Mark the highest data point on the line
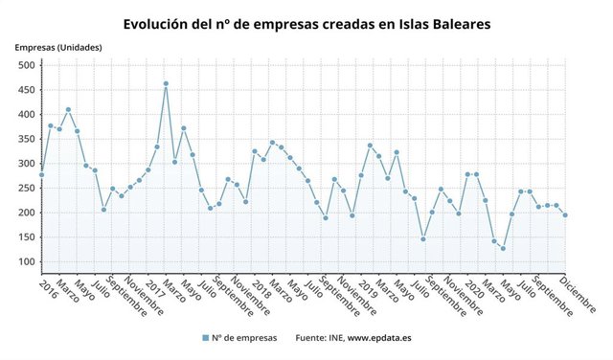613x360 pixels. [x=166, y=83]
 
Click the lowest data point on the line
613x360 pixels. [x=503, y=249]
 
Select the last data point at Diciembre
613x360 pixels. [x=565, y=215]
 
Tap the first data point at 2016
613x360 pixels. [x=41, y=175]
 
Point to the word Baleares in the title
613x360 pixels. [x=457, y=21]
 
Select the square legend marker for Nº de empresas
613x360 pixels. [x=205, y=338]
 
